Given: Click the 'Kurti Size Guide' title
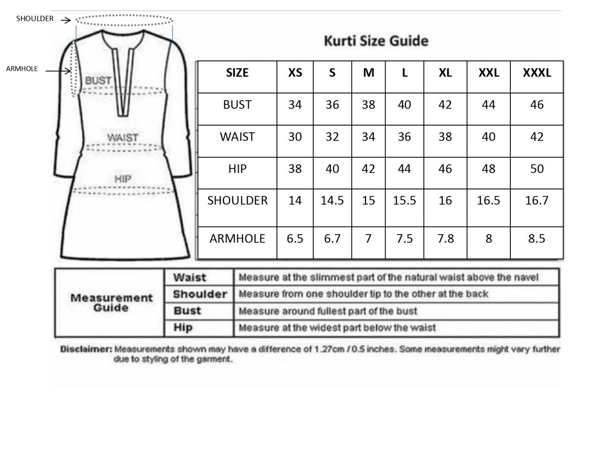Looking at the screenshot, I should [x=376, y=41].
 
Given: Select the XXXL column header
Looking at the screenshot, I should [x=537, y=73].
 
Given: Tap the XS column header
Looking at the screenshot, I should [x=295, y=73].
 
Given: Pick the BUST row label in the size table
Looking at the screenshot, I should [x=237, y=105].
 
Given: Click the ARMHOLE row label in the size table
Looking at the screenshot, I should [x=237, y=239].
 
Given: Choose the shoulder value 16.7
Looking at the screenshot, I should [x=537, y=200].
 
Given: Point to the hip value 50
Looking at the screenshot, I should [x=537, y=169].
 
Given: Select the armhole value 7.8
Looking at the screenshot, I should [x=445, y=239].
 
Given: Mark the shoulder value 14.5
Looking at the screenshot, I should [x=332, y=200].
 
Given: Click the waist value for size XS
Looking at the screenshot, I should [x=295, y=137].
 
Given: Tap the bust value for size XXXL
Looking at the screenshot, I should [x=537, y=105].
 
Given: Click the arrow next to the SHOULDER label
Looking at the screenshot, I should [x=65, y=20].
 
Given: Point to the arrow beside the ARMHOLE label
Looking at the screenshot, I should [x=58, y=71].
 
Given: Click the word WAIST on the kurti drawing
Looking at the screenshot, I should [x=122, y=138].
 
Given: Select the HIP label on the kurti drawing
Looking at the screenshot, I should [x=123, y=179].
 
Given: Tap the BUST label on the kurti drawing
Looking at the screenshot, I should [x=98, y=80].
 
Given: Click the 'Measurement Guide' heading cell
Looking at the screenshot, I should [x=111, y=302].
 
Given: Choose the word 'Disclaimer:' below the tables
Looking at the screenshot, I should [x=86, y=349].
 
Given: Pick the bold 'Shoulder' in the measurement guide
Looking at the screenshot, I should [x=199, y=294].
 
